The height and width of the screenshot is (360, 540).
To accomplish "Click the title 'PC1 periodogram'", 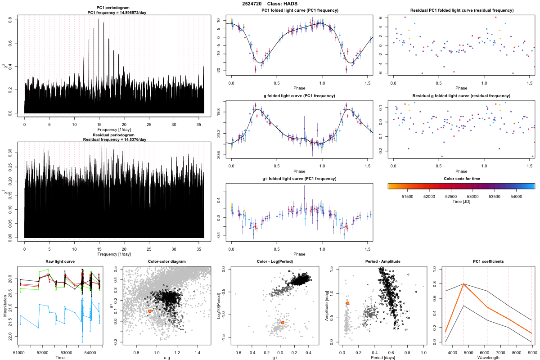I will (x=114, y=8).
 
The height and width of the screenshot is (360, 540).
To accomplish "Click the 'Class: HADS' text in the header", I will (x=283, y=4).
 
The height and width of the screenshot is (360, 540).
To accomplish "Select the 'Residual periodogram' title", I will (x=114, y=135).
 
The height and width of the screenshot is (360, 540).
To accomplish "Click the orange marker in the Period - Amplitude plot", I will (x=347, y=303).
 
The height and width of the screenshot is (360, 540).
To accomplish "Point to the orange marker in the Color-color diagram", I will (x=150, y=311).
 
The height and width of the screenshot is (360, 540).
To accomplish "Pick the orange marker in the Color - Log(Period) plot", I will (x=283, y=322).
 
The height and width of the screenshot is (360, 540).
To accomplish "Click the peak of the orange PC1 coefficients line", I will (x=463, y=284).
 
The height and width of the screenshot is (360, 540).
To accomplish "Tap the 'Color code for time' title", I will (x=461, y=179).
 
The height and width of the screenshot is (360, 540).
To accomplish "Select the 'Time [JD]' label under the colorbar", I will (x=461, y=202).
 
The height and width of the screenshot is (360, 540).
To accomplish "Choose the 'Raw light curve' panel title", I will (x=60, y=261).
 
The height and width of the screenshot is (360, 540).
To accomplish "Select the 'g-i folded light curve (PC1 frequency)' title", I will (x=299, y=179).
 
